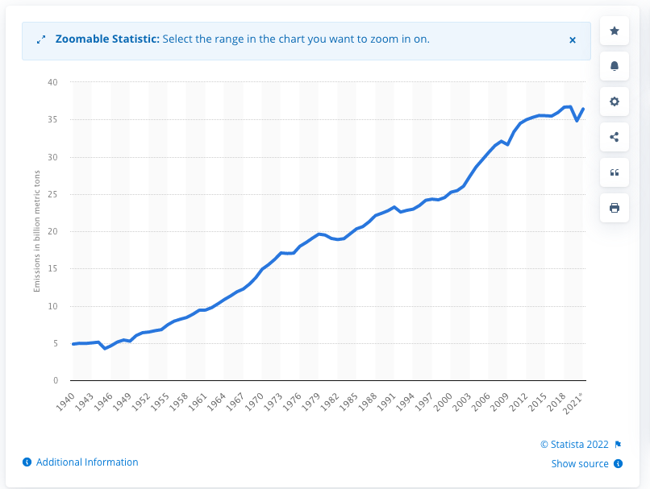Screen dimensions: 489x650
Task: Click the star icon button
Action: point(615,31)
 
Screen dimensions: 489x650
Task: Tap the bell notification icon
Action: point(615,66)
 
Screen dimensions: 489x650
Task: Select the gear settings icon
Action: point(615,102)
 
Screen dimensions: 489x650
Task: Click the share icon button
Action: point(615,137)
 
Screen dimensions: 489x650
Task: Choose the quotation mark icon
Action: point(615,172)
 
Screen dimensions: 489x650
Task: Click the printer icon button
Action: point(615,208)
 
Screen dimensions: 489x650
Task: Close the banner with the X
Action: point(573,39)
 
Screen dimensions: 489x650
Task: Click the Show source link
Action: point(580,463)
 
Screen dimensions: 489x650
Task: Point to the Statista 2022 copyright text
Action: point(576,444)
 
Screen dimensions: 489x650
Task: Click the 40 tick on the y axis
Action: point(52,82)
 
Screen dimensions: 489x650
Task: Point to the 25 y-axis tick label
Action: point(52,194)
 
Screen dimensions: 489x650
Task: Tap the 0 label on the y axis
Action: point(56,380)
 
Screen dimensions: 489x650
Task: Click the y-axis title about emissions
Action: point(37,231)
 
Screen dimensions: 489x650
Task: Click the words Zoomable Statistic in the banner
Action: point(107,39)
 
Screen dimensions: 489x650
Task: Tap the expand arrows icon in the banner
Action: point(41,39)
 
